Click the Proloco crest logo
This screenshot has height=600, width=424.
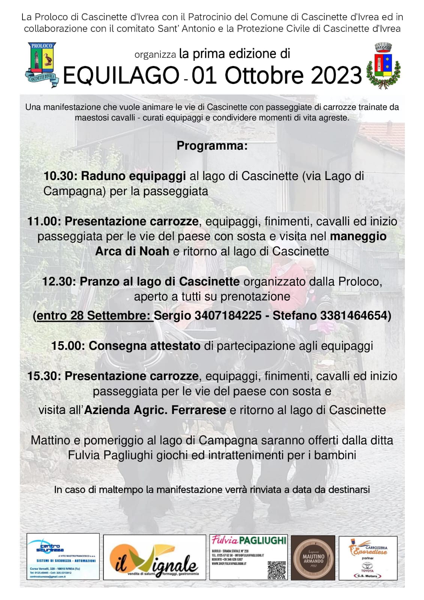tap(42, 64)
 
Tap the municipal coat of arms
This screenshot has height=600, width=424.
tap(383, 66)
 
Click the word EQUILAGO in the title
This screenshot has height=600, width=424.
tap(121, 75)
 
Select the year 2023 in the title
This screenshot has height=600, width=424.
tap(336, 75)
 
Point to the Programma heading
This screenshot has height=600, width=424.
tap(212, 145)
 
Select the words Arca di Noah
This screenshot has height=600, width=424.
tap(132, 251)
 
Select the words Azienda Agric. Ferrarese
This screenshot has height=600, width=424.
tap(155, 410)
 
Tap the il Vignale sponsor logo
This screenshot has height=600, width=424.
tap(154, 557)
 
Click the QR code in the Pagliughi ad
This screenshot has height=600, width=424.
tap(277, 570)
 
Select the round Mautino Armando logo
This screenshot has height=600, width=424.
tap(313, 558)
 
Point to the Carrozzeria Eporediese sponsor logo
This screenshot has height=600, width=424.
tap(368, 557)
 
